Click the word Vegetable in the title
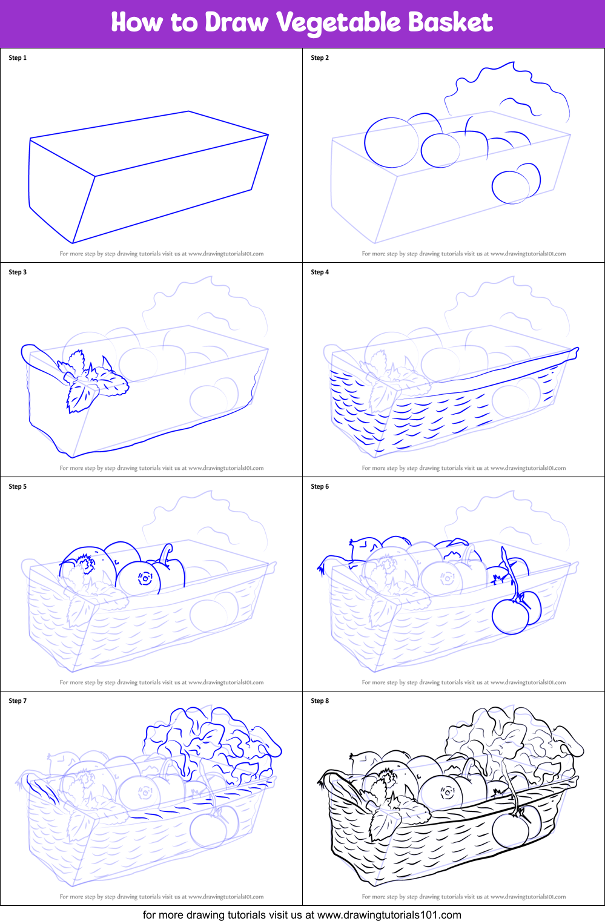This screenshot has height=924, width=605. point(339,22)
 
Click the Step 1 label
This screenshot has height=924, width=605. point(18,58)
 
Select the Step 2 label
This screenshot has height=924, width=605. point(320,58)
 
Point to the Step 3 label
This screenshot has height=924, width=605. point(18,272)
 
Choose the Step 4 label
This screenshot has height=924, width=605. point(320,272)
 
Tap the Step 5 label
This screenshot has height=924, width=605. point(18,486)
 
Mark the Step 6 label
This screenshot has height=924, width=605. point(320,486)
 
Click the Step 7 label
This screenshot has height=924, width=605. point(18,701)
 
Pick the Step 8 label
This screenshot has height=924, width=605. point(320,701)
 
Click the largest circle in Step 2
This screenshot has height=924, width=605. point(365,142)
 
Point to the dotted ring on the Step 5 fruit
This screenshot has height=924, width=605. point(145,578)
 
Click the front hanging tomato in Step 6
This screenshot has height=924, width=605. point(510,616)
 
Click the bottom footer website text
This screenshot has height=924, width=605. point(302,915)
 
